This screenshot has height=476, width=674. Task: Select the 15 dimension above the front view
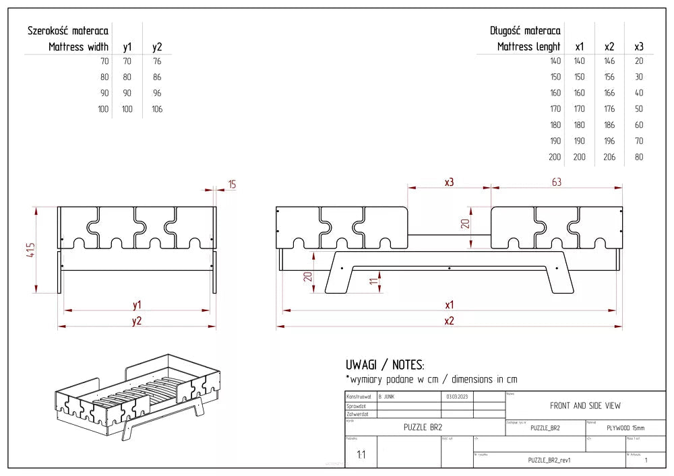[x=231, y=184]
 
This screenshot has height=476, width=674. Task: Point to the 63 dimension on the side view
[x=556, y=182]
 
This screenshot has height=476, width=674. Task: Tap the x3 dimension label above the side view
[x=448, y=182]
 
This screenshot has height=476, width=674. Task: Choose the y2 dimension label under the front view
[x=137, y=320]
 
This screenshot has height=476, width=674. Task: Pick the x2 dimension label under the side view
[x=449, y=321]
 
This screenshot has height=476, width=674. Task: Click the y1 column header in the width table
[x=127, y=47]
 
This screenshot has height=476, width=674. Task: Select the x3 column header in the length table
[x=639, y=47]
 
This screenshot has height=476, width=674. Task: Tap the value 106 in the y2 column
[x=157, y=109]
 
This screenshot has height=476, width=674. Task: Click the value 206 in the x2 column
[x=609, y=157]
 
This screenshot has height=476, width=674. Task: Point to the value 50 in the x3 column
[x=639, y=109]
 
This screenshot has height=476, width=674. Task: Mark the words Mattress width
[x=78, y=47]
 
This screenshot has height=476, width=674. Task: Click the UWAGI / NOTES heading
[x=385, y=365]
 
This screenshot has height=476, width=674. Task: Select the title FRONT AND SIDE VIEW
[x=585, y=405]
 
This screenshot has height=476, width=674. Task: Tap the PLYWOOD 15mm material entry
[x=625, y=428]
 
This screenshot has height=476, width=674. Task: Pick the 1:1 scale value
[x=361, y=455]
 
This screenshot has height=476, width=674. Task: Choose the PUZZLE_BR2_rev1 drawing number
[x=549, y=460]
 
